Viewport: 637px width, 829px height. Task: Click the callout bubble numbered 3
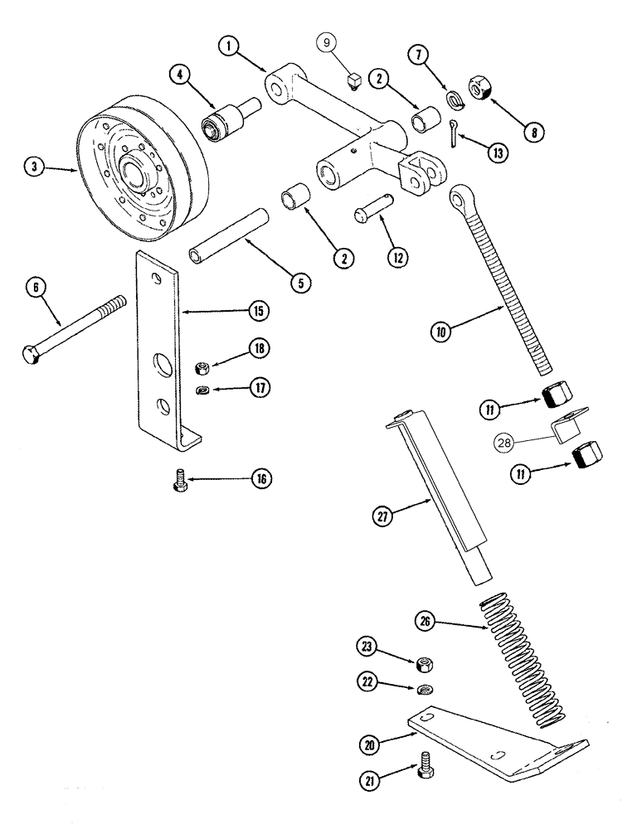[x=34, y=166]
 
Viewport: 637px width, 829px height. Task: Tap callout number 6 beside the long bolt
[x=36, y=287]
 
